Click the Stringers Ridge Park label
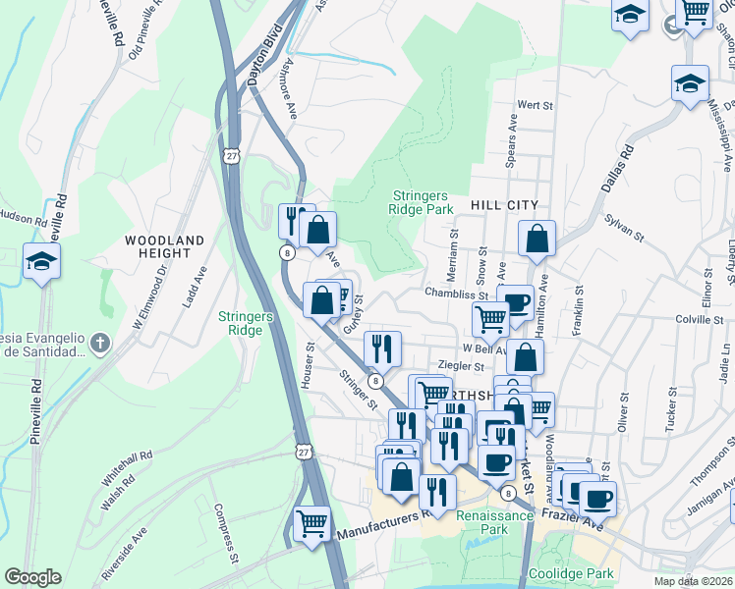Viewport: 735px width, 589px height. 424,201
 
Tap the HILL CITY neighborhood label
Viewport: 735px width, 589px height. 506,204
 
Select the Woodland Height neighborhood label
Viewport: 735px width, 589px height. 165,246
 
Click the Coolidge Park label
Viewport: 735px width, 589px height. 571,573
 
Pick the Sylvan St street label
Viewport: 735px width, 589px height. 624,230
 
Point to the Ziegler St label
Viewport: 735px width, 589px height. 466,366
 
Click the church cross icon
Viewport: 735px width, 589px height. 97,342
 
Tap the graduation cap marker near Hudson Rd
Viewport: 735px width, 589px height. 42,262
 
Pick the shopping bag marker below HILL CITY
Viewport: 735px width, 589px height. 537,239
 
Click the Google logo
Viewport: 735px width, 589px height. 32,577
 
